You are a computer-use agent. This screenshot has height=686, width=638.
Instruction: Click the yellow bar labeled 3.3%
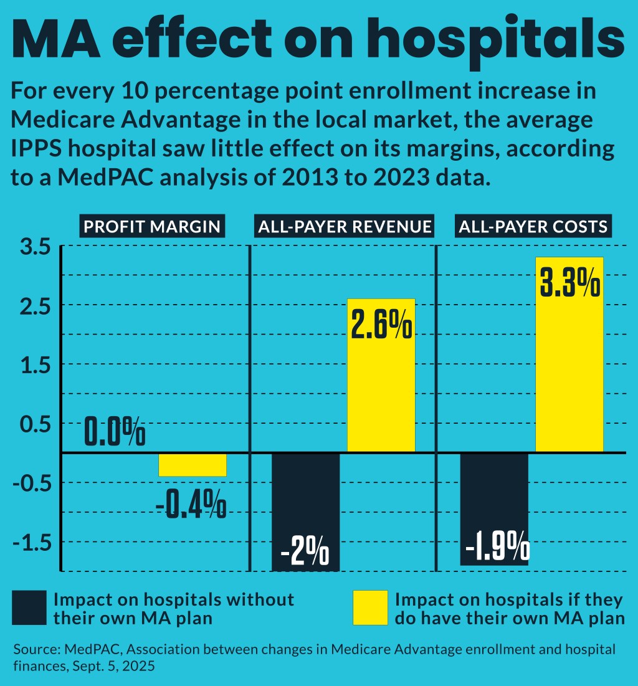point(569,374)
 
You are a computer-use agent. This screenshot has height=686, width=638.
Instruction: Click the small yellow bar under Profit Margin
point(193,465)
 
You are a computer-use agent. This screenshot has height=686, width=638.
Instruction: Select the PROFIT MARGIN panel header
point(153,226)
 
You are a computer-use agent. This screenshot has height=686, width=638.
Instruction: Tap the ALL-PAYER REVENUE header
point(345,226)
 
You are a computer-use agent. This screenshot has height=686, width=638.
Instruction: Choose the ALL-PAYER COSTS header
point(533,226)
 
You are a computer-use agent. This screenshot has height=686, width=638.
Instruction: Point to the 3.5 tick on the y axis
point(35,247)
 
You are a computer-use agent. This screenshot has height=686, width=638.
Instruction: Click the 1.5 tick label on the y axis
point(35,366)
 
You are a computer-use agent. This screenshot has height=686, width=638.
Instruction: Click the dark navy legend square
point(29,607)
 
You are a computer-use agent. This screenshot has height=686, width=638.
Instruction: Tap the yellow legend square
point(370,607)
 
